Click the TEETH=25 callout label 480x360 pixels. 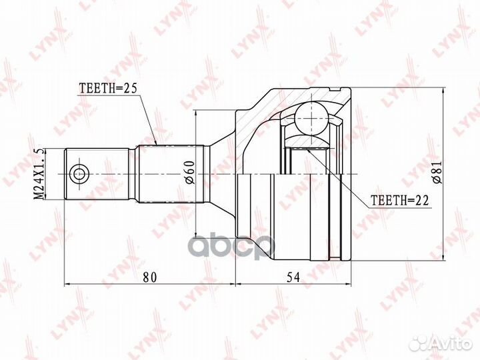click(108, 88)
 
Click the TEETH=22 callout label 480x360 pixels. click(400, 200)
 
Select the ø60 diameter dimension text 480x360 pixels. click(190, 172)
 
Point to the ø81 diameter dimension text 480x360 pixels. click(437, 172)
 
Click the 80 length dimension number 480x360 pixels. click(150, 277)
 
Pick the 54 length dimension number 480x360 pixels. click(293, 277)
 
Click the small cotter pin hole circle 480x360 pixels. click(79, 174)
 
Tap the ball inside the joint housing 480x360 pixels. click(311, 119)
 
